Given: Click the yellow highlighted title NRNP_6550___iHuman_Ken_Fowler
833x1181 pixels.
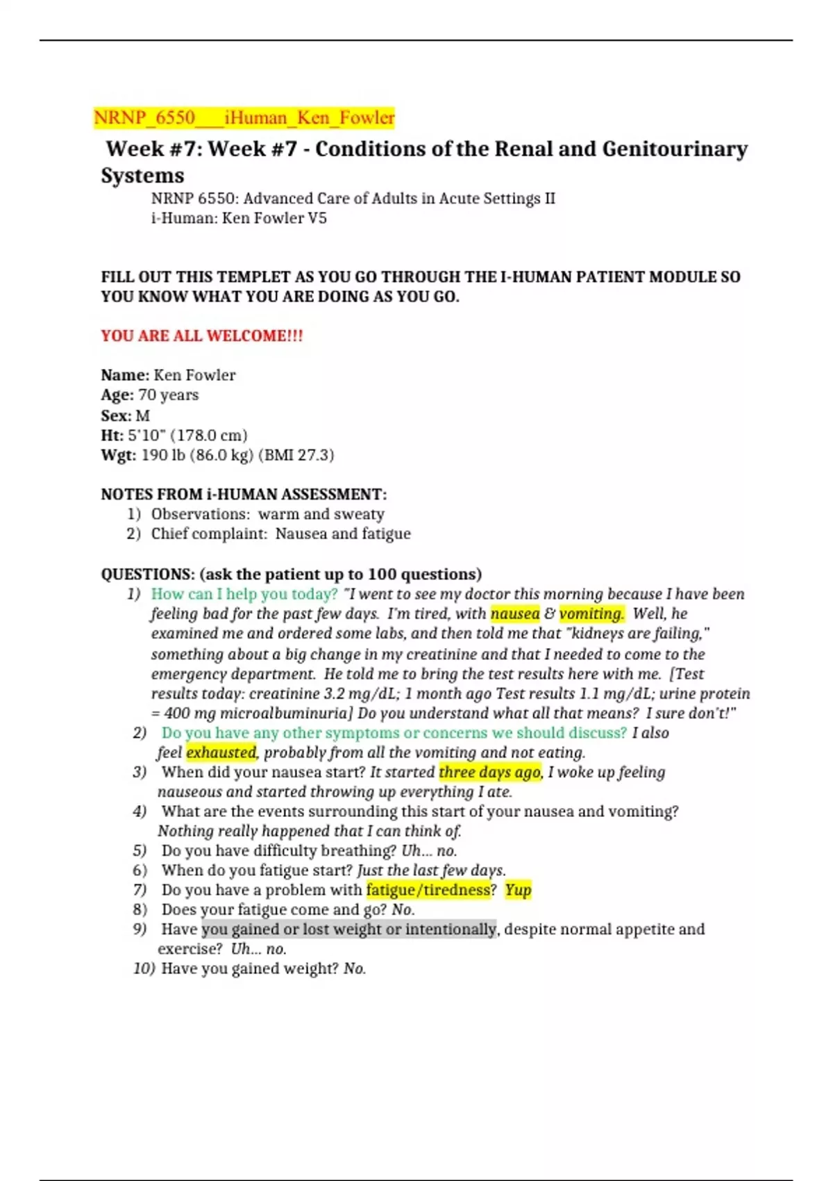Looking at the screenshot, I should [x=244, y=117].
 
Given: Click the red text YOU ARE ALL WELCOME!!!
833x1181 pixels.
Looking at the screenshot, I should [x=202, y=336].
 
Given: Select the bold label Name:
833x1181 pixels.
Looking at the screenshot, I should [x=125, y=375].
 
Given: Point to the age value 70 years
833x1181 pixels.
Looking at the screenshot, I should [x=169, y=395].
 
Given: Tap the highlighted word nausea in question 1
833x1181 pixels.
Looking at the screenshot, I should [x=514, y=614].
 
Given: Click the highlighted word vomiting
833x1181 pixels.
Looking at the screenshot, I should [x=591, y=614].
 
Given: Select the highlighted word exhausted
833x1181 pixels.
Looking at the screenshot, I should [x=221, y=752].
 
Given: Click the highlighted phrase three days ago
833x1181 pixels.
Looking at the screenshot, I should [x=489, y=773].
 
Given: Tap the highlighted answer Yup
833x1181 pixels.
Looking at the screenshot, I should [x=518, y=890].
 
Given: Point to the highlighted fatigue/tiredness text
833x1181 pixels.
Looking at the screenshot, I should [x=428, y=890].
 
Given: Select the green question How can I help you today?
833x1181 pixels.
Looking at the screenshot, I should [x=244, y=594].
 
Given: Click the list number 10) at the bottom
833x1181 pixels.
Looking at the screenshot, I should [x=144, y=968].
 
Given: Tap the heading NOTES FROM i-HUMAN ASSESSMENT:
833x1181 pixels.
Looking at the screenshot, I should [x=244, y=495].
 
